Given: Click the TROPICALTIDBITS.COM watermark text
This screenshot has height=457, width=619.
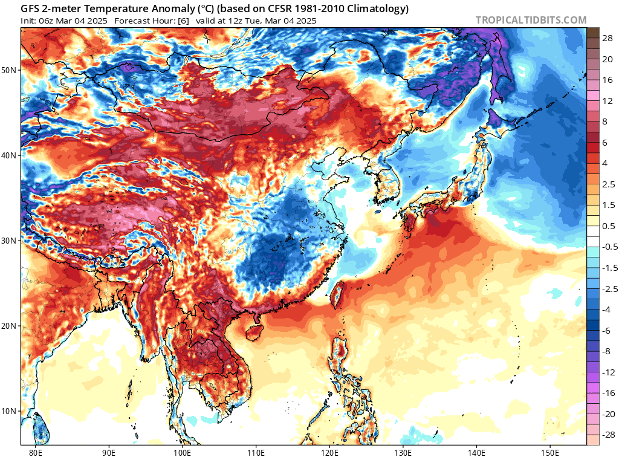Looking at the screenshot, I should click(531, 20).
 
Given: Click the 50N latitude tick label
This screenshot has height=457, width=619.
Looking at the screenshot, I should click(9, 70).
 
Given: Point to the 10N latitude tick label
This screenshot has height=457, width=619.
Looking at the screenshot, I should click(9, 412).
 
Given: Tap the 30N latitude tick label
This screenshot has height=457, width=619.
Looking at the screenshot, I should click(9, 241).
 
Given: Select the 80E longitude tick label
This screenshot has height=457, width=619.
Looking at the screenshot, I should click(36, 452).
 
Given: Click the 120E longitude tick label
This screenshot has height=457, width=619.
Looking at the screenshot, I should click(329, 452).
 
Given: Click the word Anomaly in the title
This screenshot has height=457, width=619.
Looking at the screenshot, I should click(148, 9).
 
